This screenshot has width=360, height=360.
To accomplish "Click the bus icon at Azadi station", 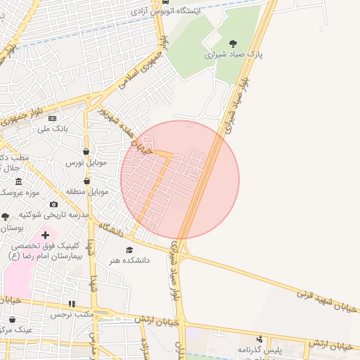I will coord(165,2).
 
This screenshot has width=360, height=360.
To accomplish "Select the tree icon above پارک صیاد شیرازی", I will coord(233,44).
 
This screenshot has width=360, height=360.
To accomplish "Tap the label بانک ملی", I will coord(53,129).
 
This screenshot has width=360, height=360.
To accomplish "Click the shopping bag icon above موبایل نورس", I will coord(86,151).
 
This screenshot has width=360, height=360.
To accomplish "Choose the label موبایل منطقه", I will coord(87,191).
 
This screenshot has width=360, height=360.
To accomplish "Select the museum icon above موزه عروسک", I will coord(18,181).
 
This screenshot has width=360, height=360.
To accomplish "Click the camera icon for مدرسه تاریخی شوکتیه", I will coord(53,205).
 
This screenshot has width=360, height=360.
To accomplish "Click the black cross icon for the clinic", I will coord(46,235).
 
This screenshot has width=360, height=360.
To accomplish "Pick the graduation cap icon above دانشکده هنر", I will coord(129,250).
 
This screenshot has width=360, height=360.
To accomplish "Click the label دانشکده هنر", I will coord(129,260).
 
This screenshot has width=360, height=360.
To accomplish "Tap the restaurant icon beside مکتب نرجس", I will coord(71,304).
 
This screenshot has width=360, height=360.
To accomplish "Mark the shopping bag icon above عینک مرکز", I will coord(13,319).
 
